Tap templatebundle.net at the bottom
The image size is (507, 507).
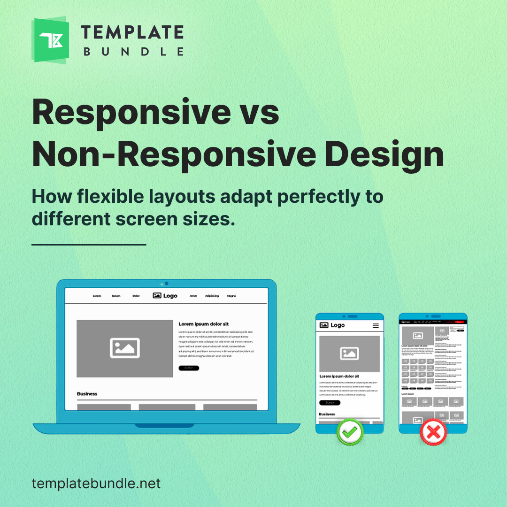coord(96,483)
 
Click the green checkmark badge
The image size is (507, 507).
coord(350,431)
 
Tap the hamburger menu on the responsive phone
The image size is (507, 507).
coord(376,325)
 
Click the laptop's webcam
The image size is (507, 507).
coord(166,284)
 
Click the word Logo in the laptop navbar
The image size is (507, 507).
coord(170,296)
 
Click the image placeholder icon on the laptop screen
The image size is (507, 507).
coord(125,348)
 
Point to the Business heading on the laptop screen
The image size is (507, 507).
coord(87,394)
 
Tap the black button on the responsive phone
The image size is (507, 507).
coord(330,403)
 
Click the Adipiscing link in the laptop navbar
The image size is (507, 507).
coord(212,296)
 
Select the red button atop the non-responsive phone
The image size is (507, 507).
coord(459,322)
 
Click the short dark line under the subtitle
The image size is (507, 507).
coord(89,244)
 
